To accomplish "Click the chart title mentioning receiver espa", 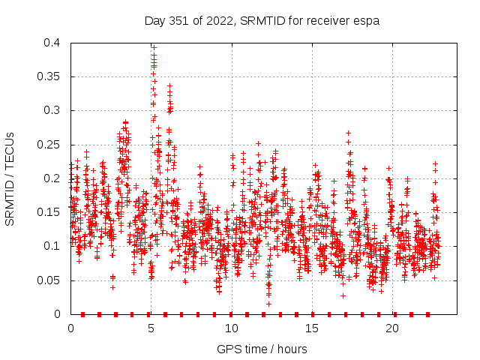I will tap(262, 20).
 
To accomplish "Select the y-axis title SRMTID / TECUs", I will tap(10, 178).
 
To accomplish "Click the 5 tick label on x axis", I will tap(151, 328).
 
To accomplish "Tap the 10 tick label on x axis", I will tap(232, 328).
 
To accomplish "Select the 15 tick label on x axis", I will tap(312, 328).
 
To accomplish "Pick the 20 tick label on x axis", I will tap(392, 328).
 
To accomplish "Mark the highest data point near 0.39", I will tap(154, 46).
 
